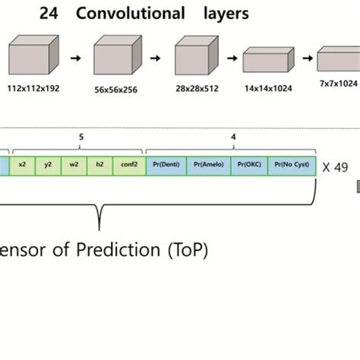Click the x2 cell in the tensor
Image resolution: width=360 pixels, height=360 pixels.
tap(23, 165)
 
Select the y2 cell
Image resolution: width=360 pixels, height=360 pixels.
tap(48, 165)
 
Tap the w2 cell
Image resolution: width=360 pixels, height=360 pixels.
tap(74, 165)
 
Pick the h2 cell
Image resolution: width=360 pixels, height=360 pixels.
tap(99, 165)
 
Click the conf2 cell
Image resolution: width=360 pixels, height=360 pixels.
tap(128, 165)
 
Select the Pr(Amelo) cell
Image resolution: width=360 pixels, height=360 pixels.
tap(207, 165)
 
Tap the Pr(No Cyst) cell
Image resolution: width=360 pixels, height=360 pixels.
tap(292, 165)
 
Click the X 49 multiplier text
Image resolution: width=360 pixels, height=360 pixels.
tap(334, 166)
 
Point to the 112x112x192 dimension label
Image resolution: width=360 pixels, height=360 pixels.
tap(33, 89)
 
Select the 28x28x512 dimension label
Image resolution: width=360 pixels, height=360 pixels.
tap(197, 89)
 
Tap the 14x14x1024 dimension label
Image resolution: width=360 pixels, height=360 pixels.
tap(266, 89)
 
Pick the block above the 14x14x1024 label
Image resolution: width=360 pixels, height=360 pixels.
tap(267, 61)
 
